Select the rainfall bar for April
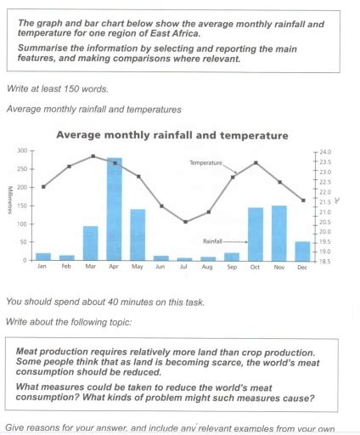click(x=114, y=209)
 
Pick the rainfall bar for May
click(x=138, y=234)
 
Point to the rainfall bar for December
click(x=302, y=251)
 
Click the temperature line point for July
click(x=185, y=222)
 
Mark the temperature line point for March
click(x=91, y=156)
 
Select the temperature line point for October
click(x=256, y=163)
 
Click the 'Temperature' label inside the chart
click(x=205, y=161)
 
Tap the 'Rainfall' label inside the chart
click(x=212, y=241)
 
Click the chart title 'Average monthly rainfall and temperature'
click(x=172, y=135)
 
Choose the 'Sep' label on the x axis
click(x=232, y=267)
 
